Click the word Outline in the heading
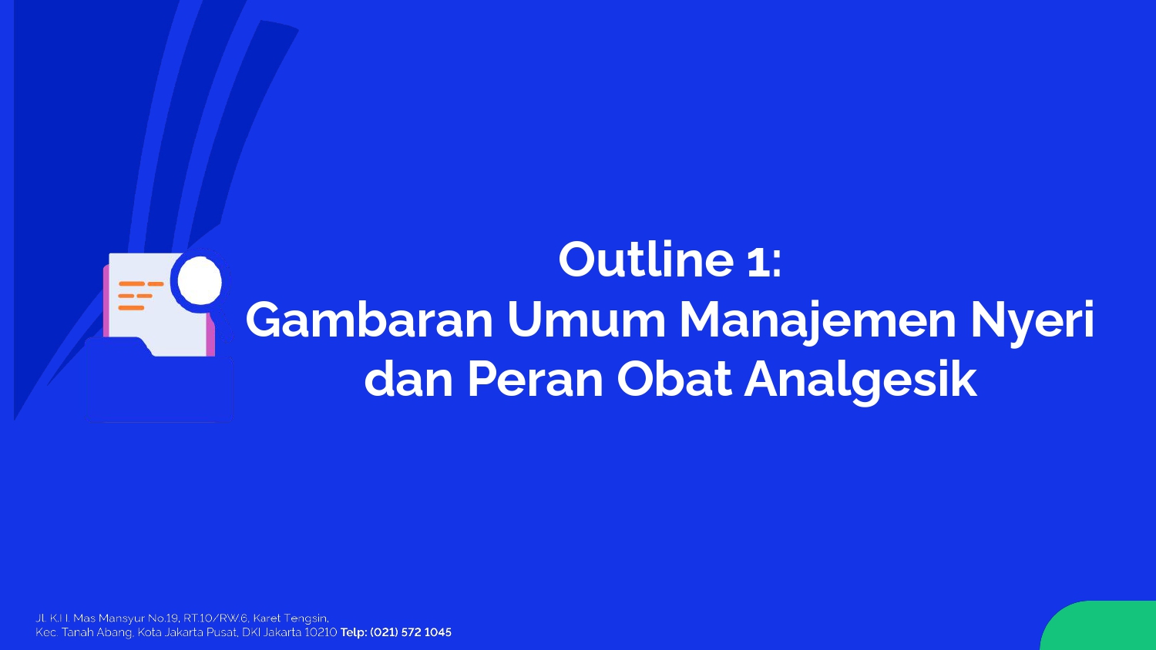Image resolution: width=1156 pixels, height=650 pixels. (x=646, y=259)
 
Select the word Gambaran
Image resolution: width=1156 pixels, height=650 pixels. (x=369, y=320)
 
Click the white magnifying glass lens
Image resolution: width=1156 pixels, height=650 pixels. (x=200, y=282)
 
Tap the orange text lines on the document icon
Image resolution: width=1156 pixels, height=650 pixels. (x=140, y=296)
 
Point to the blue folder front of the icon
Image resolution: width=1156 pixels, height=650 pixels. (x=159, y=382)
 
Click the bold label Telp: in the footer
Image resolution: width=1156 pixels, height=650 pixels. (x=354, y=632)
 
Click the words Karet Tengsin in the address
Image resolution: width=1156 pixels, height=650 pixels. (x=290, y=618)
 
